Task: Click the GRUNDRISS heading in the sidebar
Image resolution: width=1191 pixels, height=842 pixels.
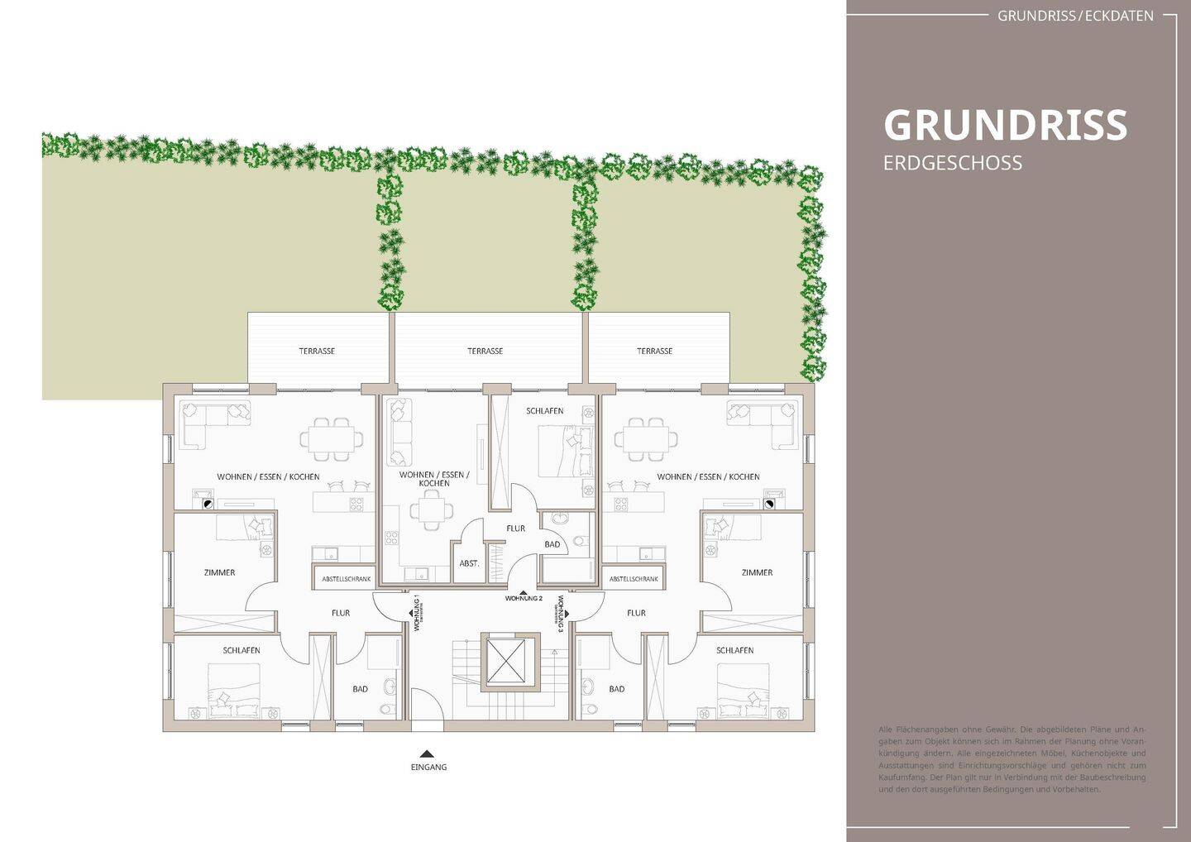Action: pyautogui.click(x=1005, y=125)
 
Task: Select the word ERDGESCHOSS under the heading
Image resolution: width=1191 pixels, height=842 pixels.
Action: pyautogui.click(x=952, y=163)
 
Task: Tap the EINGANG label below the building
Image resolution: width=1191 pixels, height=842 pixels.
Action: pyautogui.click(x=428, y=767)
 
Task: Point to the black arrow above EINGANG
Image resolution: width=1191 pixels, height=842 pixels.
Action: pyautogui.click(x=427, y=753)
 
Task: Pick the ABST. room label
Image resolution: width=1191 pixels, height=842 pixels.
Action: pyautogui.click(x=469, y=563)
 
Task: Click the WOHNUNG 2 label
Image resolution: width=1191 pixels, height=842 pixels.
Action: pyautogui.click(x=524, y=598)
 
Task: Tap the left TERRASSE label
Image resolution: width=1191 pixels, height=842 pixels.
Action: pyautogui.click(x=317, y=351)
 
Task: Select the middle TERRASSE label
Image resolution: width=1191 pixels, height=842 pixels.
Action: pyautogui.click(x=485, y=351)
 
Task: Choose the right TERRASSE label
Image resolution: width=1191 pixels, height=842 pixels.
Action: pyautogui.click(x=654, y=351)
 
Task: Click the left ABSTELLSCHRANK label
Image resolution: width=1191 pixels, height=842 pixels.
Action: pyautogui.click(x=346, y=579)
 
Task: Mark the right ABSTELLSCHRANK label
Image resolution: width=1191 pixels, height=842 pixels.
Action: pyautogui.click(x=634, y=579)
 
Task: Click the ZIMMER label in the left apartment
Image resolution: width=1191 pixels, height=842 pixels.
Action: pyautogui.click(x=219, y=572)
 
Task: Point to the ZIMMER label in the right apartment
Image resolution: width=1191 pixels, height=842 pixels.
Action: pyautogui.click(x=757, y=572)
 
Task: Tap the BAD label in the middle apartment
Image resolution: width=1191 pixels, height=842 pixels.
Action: pyautogui.click(x=552, y=544)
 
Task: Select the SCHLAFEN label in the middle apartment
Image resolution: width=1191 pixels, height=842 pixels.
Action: pyautogui.click(x=544, y=411)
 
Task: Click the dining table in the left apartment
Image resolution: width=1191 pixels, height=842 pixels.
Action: pyautogui.click(x=331, y=438)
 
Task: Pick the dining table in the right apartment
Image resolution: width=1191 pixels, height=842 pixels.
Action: pyautogui.click(x=647, y=438)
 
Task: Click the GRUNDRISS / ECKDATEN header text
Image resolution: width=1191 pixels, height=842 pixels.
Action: pyautogui.click(x=1075, y=16)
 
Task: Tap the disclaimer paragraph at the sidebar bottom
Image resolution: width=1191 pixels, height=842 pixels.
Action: pyautogui.click(x=1012, y=759)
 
